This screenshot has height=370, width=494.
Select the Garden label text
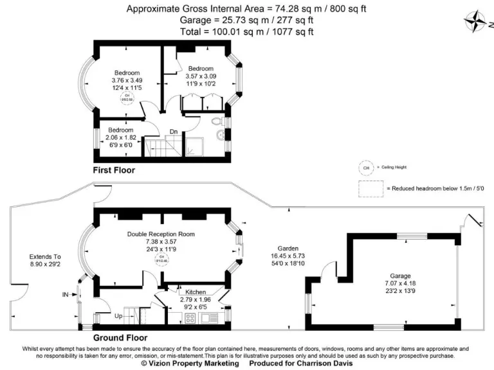[x=287, y=248]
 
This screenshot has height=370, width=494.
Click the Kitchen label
[x=196, y=291]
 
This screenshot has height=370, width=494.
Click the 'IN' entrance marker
[x=66, y=295]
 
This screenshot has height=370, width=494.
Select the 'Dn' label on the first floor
[x=173, y=132]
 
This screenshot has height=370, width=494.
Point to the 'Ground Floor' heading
[x=120, y=337]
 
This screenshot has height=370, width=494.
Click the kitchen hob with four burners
[x=191, y=317]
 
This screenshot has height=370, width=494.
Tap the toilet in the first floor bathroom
[x=220, y=121]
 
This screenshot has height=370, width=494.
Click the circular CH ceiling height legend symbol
[x=366, y=168]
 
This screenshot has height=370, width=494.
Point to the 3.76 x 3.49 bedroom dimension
[x=127, y=80]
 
